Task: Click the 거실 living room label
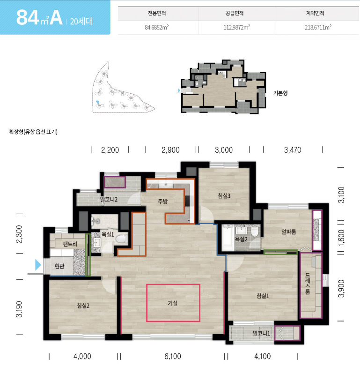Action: click(x=173, y=303)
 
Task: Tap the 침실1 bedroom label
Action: click(x=263, y=296)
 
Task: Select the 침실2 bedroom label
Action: click(x=83, y=306)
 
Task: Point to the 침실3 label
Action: click(x=224, y=195)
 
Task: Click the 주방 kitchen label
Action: click(x=163, y=201)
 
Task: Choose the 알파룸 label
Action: click(x=289, y=232)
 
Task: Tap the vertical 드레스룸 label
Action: click(x=308, y=284)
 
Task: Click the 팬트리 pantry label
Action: click(x=70, y=244)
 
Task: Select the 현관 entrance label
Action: click(x=59, y=266)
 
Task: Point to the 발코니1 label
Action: click(x=261, y=333)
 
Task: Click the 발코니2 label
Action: click(x=109, y=199)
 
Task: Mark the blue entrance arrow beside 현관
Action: click(x=38, y=265)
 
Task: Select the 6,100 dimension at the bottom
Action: click(x=173, y=357)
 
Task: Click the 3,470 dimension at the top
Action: click(x=293, y=150)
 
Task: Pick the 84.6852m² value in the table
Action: click(x=157, y=27)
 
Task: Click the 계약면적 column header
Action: click(x=315, y=13)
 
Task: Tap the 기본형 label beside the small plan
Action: click(x=280, y=93)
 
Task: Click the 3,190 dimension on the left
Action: click(x=19, y=309)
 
